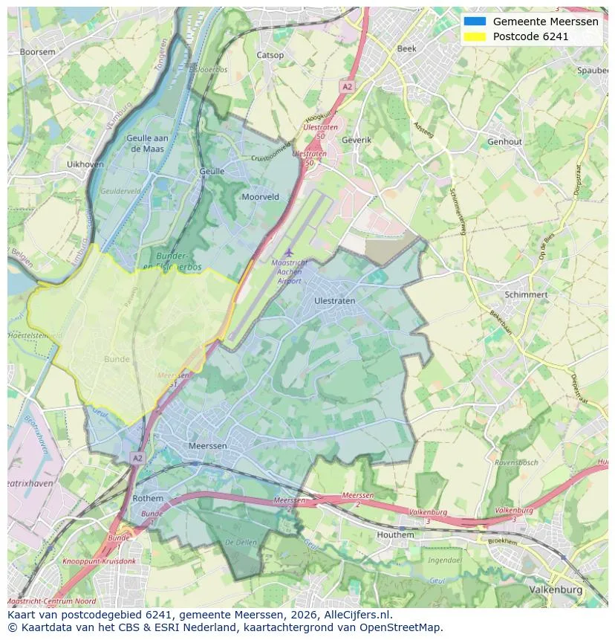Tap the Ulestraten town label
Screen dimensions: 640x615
[334, 300]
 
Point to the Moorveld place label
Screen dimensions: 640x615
[260, 197]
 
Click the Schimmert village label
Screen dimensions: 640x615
[526, 294]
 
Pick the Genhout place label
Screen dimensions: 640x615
[504, 141]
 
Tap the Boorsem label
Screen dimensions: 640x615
[38, 52]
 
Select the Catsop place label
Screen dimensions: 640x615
[270, 55]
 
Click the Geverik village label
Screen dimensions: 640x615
[356, 140]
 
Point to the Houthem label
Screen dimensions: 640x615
[395, 534]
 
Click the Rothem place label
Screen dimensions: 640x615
[147, 498]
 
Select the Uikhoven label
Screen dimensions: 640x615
[85, 164]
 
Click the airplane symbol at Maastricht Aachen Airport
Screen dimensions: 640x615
[289, 253]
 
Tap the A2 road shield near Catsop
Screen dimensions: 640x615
[347, 87]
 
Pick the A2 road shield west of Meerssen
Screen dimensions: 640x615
[137, 459]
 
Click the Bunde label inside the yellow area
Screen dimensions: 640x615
[117, 359]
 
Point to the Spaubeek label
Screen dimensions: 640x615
[591, 71]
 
